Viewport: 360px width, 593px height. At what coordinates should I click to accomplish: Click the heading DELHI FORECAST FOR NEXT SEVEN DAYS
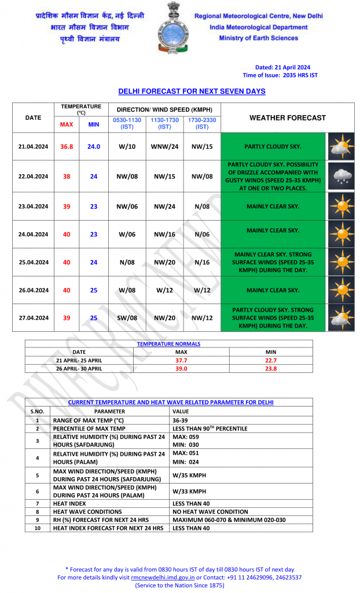(x=192, y=91)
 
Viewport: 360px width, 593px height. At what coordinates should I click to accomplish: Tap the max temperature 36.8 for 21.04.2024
(x=67, y=147)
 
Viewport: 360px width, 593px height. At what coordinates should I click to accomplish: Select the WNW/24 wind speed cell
(x=164, y=147)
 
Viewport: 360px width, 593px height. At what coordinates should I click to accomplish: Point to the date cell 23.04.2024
(x=33, y=206)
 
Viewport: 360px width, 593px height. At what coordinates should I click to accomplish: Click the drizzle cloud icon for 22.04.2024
(x=341, y=176)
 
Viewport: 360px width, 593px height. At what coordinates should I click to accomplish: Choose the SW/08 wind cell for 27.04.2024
(x=127, y=318)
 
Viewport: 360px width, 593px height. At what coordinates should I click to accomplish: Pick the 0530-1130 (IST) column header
(x=127, y=123)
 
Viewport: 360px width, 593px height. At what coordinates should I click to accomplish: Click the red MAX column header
(x=67, y=124)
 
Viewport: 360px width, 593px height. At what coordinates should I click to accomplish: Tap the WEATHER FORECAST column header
(x=287, y=118)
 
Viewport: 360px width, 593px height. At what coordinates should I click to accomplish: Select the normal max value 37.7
(x=181, y=360)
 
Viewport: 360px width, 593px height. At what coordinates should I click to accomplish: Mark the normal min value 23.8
(x=270, y=368)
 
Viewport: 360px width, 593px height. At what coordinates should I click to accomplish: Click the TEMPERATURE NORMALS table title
(x=168, y=344)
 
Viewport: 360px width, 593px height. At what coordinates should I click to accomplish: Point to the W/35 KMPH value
(x=189, y=475)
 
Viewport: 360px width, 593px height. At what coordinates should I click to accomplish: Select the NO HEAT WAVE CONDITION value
(x=210, y=512)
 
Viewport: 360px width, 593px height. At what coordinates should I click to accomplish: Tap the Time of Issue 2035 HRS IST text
(x=280, y=75)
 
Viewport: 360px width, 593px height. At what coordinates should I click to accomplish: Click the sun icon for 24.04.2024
(x=341, y=234)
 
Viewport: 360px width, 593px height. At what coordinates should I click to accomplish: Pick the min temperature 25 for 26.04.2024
(x=94, y=290)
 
